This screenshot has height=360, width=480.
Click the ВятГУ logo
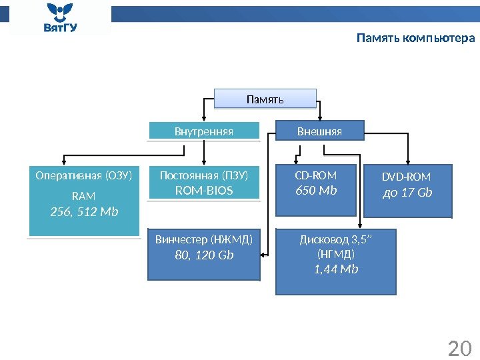click(60, 19)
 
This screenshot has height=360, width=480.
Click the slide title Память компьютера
click(415, 38)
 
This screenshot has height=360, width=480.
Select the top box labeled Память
click(265, 99)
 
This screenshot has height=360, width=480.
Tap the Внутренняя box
click(203, 131)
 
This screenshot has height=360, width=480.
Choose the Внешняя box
click(319, 131)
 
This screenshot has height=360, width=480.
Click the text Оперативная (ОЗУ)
click(83, 176)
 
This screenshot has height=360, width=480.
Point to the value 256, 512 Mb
click(84, 211)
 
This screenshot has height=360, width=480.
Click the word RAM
click(83, 196)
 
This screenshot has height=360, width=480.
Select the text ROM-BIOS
click(204, 191)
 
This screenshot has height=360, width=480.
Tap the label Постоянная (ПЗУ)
click(204, 176)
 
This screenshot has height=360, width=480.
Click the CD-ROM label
click(316, 176)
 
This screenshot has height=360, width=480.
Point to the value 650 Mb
click(316, 191)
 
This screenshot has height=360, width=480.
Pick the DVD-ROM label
click(406, 177)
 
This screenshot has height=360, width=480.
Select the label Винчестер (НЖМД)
click(204, 239)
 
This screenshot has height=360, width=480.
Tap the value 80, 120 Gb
click(204, 254)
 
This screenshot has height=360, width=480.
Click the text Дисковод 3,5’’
click(336, 241)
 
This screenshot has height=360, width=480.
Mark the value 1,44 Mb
click(336, 269)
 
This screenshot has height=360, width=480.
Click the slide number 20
click(459, 349)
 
